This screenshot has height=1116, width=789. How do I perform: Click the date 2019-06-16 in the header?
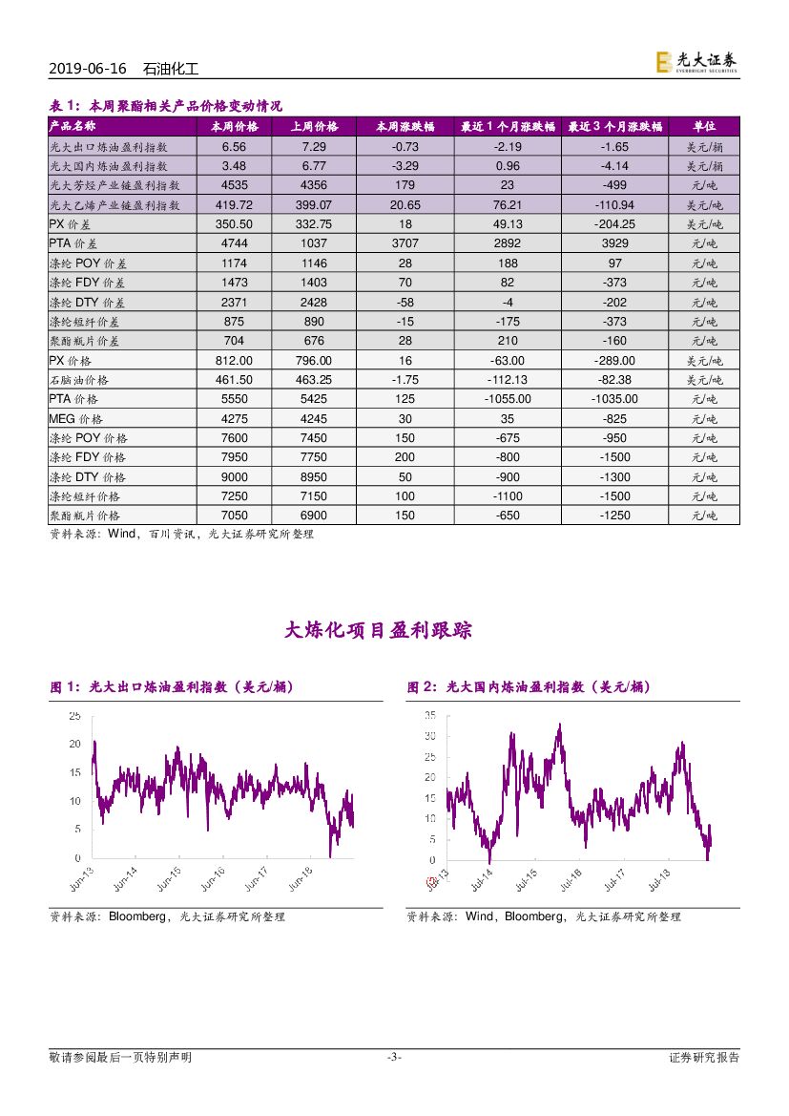[86, 70]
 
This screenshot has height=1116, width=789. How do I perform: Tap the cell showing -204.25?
[614, 224]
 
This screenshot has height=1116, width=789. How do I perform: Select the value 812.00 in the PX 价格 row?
[234, 361]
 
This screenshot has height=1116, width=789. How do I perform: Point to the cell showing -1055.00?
[506, 399]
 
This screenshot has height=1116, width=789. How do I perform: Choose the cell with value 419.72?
[234, 205]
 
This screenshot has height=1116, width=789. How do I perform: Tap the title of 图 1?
[171, 687]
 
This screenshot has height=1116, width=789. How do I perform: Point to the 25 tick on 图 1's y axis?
[74, 716]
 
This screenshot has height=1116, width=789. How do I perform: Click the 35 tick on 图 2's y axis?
[430, 715]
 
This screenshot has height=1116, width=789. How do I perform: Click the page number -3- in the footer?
[393, 1057]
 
